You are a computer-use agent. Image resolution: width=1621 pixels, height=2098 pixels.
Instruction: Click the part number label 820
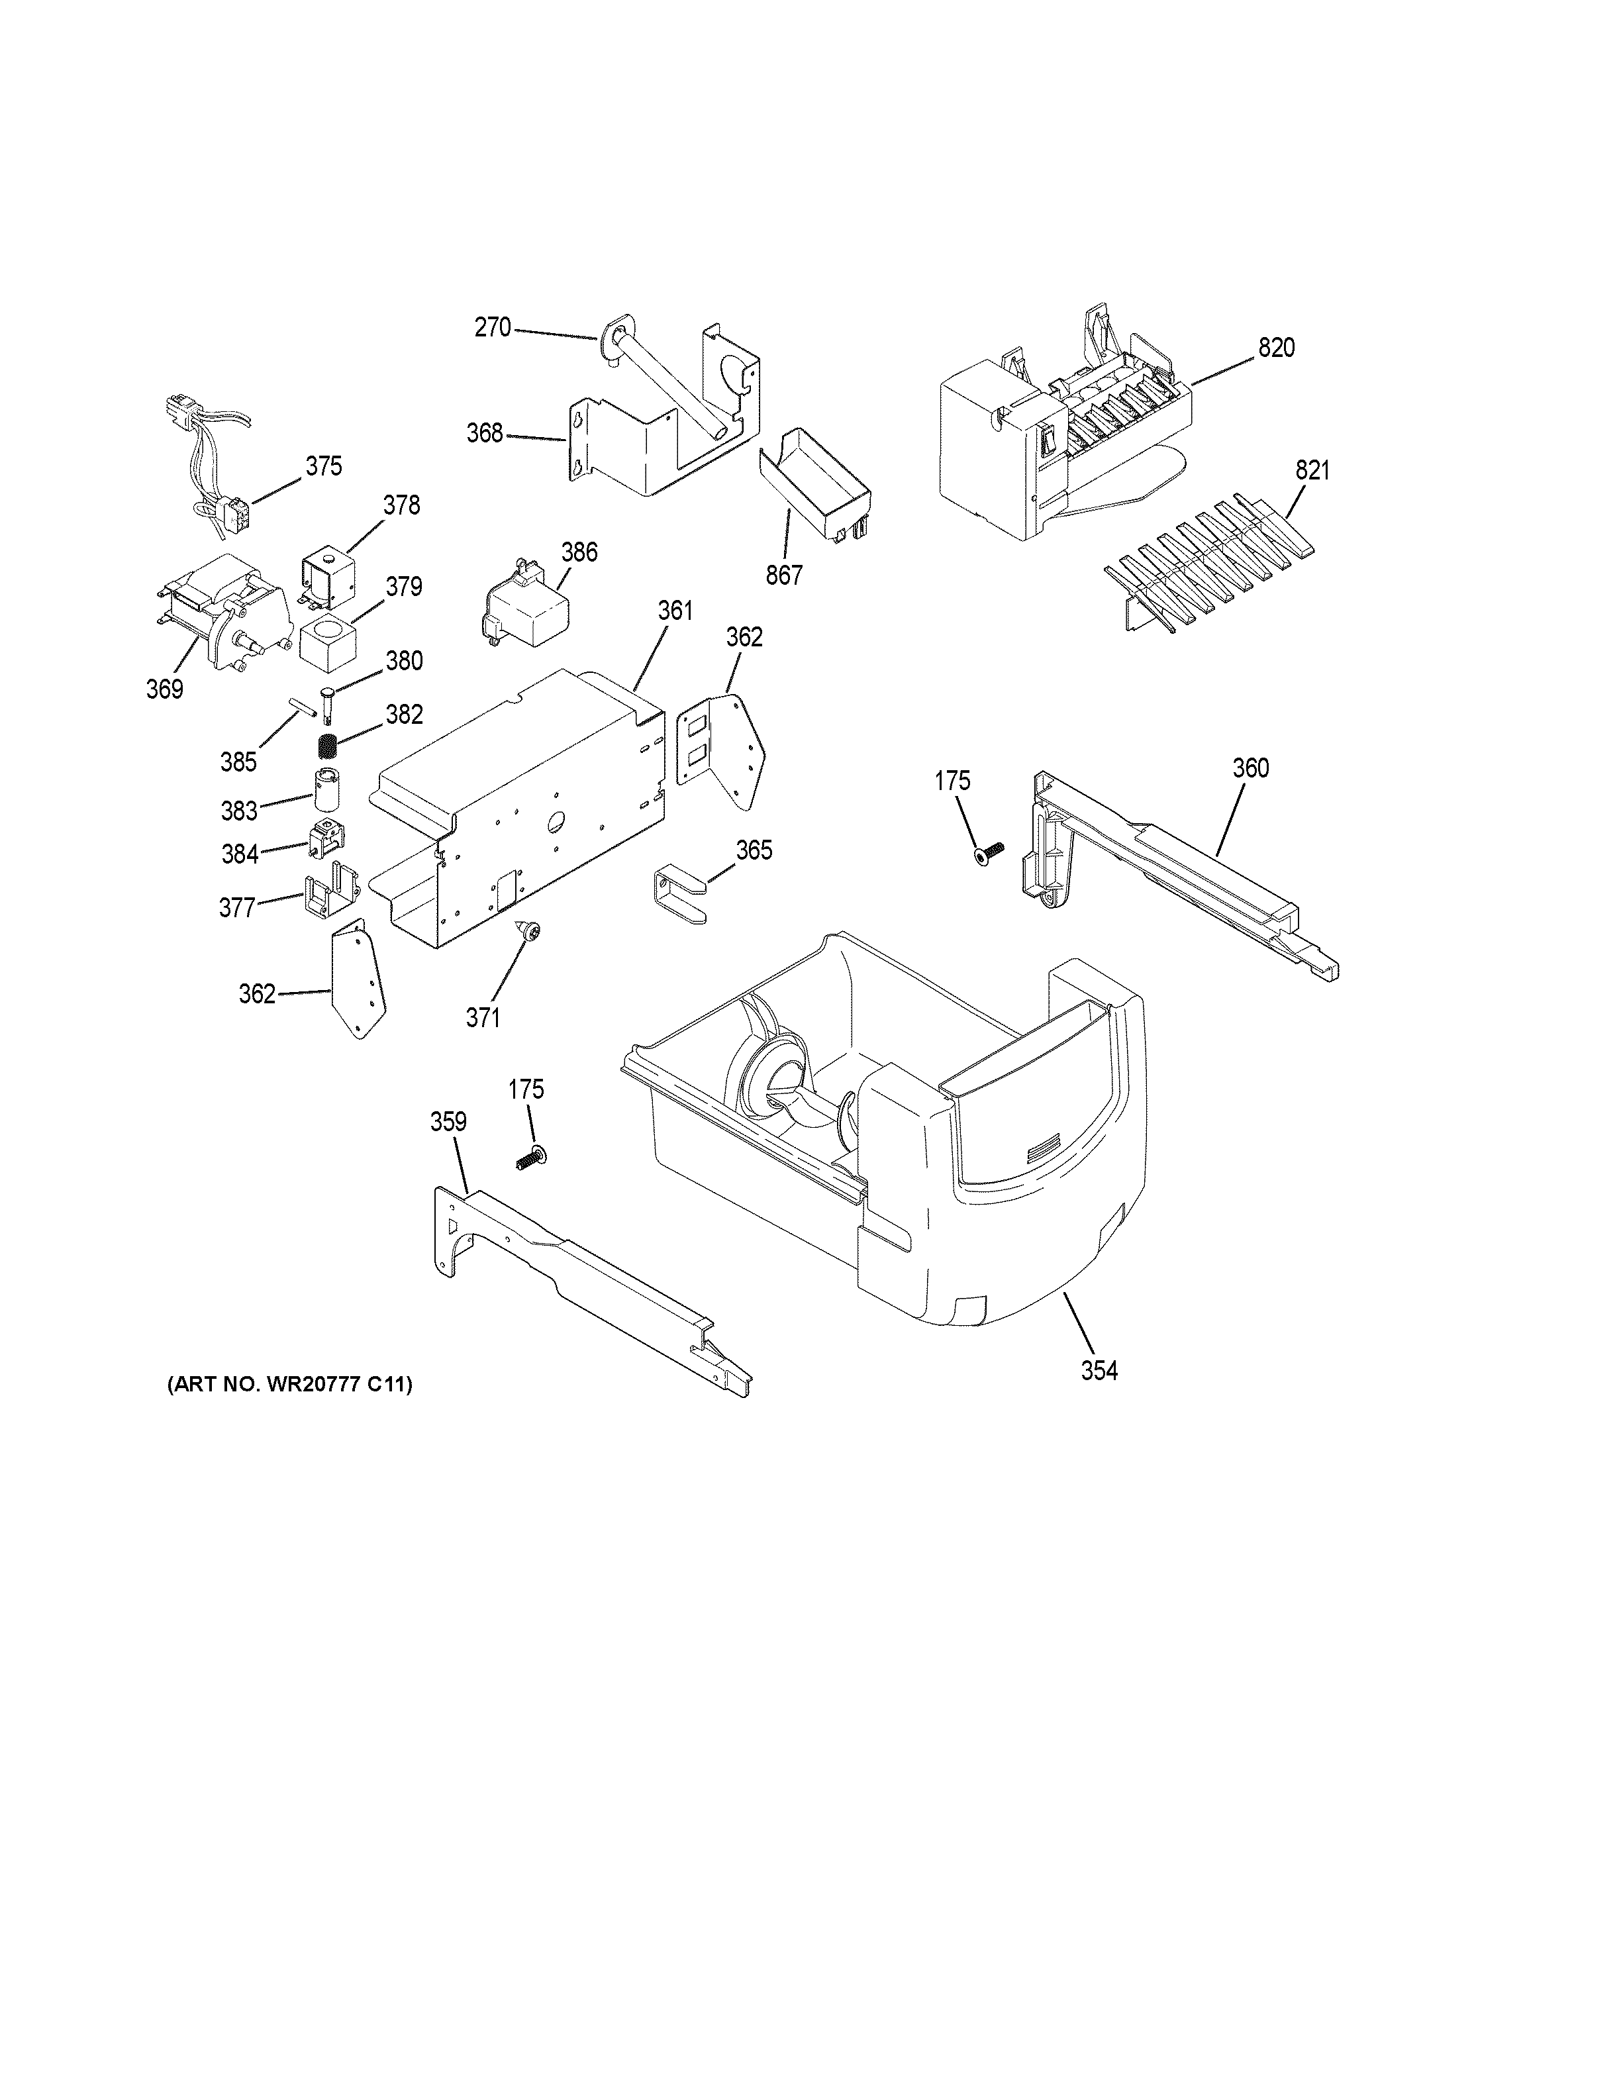[1276, 349]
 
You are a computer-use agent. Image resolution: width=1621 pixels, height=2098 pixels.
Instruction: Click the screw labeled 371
[528, 929]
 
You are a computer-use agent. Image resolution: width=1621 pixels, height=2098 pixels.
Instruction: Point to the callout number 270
[493, 328]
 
